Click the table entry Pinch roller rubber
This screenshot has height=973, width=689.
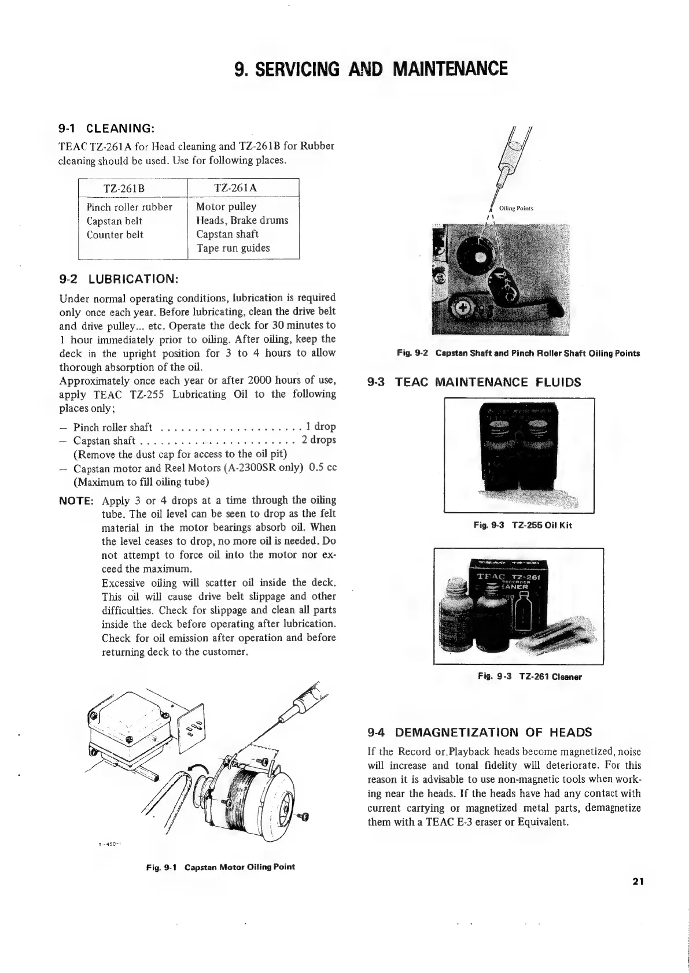coord(129,207)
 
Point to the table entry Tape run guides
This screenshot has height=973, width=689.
coord(233,248)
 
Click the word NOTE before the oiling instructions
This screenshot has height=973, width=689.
coord(76,500)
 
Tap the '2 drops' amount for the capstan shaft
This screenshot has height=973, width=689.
coord(318,440)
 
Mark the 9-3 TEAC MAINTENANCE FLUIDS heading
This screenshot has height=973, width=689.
coord(474,382)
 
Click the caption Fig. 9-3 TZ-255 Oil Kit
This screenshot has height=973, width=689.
coord(522,526)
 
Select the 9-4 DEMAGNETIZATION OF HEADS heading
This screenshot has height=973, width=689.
coord(480,732)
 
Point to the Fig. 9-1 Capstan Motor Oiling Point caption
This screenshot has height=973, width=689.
coord(220,867)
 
